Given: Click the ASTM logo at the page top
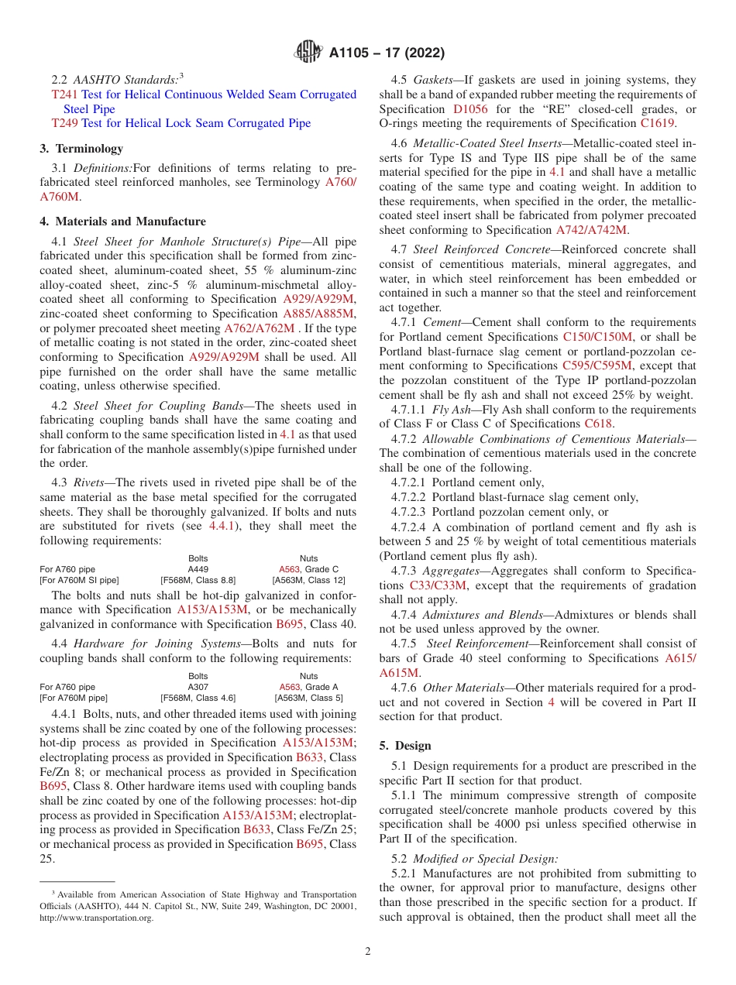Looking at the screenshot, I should [x=308, y=53].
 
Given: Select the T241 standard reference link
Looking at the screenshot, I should [x=64, y=94].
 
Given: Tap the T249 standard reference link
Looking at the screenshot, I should [x=64, y=123].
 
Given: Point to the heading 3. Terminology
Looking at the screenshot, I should [x=81, y=149].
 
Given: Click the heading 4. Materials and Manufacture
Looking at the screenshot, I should [x=122, y=221].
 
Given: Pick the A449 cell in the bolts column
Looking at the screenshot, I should [x=198, y=569].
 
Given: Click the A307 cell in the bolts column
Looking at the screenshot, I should [x=198, y=687].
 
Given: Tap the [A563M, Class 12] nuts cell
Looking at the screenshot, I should [x=308, y=580].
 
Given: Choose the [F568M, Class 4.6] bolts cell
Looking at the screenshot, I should [x=198, y=698].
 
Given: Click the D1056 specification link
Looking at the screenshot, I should [x=470, y=109].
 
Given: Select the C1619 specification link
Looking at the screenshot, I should [x=657, y=123].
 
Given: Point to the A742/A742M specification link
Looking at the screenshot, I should [x=592, y=230].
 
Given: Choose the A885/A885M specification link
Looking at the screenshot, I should [x=318, y=314].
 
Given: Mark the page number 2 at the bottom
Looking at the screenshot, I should [x=368, y=952].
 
